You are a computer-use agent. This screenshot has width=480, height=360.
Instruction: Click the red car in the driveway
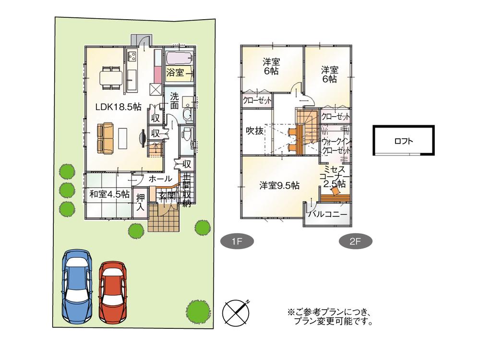(113, 292)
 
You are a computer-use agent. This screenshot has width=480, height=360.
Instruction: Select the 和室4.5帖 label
(109, 194)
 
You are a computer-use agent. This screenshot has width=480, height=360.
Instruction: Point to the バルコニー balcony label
(328, 214)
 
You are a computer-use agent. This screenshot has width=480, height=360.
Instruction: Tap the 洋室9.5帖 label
(280, 185)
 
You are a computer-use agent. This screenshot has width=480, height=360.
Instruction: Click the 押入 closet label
(140, 202)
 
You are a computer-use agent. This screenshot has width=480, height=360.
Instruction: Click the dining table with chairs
(111, 77)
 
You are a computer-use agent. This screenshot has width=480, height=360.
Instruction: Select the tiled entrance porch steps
(164, 218)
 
